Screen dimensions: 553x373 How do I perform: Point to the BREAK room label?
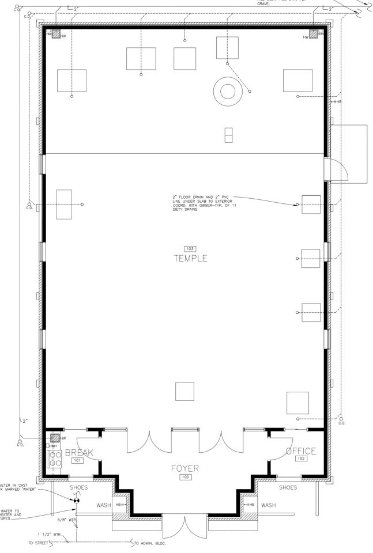click(x=78, y=452)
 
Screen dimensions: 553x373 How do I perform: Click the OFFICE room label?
click(x=301, y=451)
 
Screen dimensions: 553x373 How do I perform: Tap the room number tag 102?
click(x=301, y=459)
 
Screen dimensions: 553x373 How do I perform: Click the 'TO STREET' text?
click(x=38, y=543)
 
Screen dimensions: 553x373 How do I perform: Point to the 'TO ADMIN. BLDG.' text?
click(x=153, y=543)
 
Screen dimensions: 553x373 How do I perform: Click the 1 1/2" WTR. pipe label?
click(x=48, y=534)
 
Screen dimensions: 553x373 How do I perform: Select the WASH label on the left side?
click(x=104, y=505)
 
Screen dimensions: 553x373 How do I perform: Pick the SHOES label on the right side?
click(x=288, y=487)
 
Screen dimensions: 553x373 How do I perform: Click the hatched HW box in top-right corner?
click(x=313, y=33)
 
